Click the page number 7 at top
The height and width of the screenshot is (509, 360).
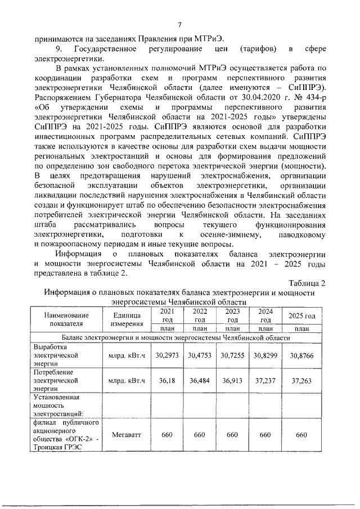tap(179, 24)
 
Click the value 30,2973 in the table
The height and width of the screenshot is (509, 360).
tap(166, 355)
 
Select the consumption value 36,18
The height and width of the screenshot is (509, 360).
tap(166, 381)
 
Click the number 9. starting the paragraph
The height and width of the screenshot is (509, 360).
tap(57, 49)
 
